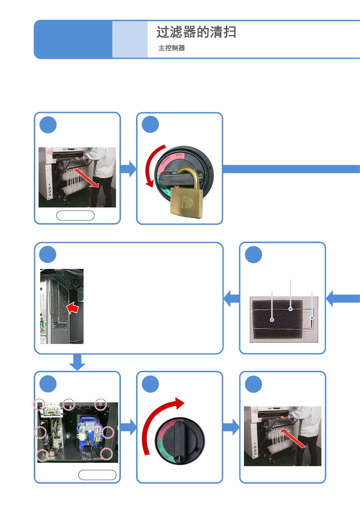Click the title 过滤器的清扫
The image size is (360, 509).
196,32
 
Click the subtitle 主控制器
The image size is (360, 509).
172,48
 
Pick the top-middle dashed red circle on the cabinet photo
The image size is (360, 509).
69,404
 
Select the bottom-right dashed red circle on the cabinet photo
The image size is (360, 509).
106,454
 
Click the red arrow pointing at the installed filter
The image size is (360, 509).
73,308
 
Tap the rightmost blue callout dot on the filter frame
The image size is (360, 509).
312,318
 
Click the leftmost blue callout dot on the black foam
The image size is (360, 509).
272,320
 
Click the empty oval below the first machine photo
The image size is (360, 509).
75,215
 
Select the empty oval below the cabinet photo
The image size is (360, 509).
97,475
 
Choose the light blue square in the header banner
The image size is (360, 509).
130,39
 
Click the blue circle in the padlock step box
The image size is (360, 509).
150,125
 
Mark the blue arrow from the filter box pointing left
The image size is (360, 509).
231,298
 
